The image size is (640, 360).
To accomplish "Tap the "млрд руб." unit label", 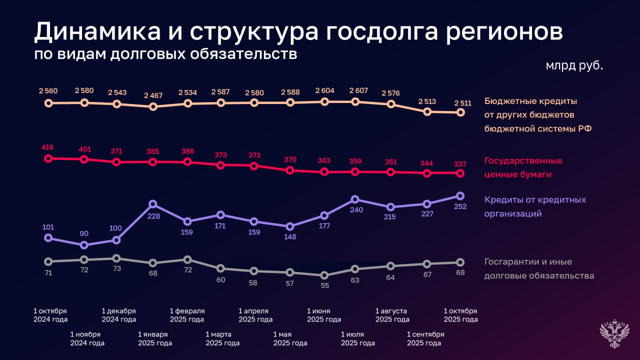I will coord(574,65).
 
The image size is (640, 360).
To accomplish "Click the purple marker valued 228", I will coord(153,204).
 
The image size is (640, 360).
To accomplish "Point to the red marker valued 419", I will coord(48,158).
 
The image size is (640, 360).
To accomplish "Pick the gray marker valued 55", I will coord(324,275).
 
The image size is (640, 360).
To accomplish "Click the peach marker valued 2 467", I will coord(153,106).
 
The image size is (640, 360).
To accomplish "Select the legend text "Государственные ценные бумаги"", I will coord(523,167).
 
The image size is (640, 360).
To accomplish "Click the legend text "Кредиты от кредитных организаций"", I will coord(534,206).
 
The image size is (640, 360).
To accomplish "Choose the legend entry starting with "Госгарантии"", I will coord(538,268).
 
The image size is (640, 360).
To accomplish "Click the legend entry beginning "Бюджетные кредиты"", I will coord(537,114).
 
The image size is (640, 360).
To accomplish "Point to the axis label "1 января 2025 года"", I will coord(155,338).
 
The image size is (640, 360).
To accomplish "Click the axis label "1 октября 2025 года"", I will coord(460,315).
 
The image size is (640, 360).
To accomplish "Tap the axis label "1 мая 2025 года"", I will coord(290,338).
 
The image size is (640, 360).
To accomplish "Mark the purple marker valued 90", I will coord(84,245).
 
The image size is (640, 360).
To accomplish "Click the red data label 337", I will coord(460,163).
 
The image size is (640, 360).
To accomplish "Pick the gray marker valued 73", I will coord(116,258).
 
